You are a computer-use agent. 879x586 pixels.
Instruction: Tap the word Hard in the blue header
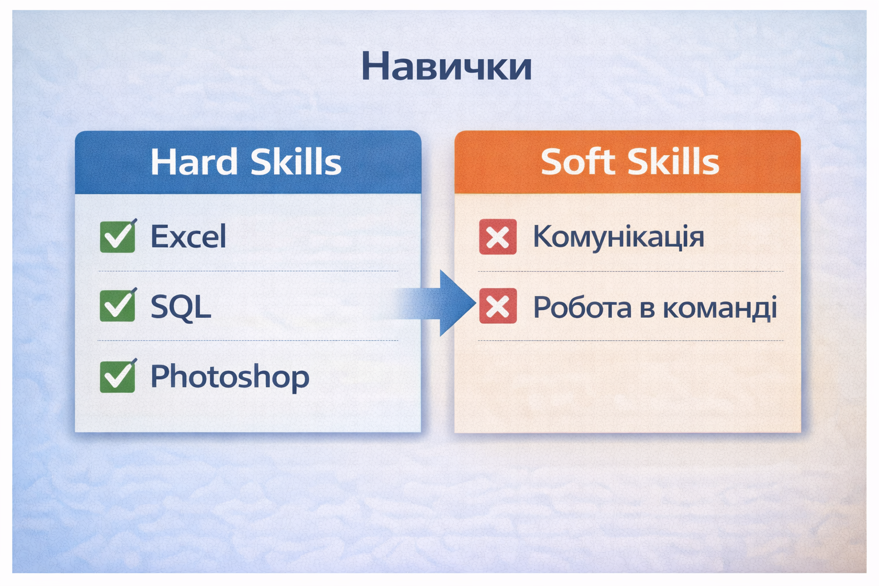tap(194, 161)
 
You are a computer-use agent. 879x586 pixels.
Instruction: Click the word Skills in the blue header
tap(296, 161)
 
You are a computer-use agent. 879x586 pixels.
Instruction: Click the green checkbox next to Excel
tap(118, 236)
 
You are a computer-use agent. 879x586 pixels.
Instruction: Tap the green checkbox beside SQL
tap(118, 306)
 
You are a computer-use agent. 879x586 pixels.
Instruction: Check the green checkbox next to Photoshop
tap(118, 376)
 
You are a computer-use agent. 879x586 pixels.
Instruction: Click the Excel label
tap(188, 236)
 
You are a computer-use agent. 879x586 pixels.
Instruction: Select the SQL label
tap(181, 307)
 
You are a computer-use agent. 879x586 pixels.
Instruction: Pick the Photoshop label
tap(230, 377)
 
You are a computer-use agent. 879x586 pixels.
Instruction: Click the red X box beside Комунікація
tap(498, 237)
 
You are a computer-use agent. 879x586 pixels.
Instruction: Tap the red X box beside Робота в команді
tap(498, 306)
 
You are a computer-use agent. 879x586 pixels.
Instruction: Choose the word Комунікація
tap(619, 237)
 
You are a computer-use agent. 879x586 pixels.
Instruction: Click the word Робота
tap(583, 307)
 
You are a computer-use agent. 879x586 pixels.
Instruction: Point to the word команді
tap(720, 308)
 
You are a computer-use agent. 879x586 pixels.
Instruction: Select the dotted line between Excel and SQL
tap(248, 271)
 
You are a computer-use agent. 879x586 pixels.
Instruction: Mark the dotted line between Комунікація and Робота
tap(631, 271)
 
